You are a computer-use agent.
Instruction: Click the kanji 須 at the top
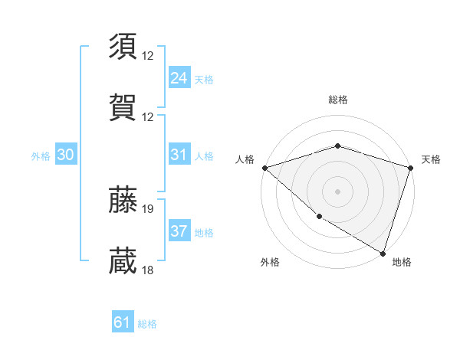click(123, 47)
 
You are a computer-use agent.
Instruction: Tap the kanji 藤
click(123, 200)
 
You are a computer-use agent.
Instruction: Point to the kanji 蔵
click(123, 260)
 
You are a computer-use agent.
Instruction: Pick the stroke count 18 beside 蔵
click(148, 270)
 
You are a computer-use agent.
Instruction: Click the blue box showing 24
click(179, 77)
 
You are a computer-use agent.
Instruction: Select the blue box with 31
click(179, 155)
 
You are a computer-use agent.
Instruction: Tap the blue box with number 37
click(179, 231)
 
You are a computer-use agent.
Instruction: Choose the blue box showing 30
click(65, 155)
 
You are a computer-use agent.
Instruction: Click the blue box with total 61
click(122, 322)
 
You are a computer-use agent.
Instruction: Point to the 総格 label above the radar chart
click(338, 100)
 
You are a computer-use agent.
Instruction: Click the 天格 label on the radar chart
click(431, 159)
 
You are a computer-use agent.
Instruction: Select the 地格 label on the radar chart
click(402, 262)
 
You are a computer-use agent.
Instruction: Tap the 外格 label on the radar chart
click(270, 262)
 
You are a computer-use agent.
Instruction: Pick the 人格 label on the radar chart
click(245, 159)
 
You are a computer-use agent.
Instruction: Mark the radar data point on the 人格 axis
click(264, 167)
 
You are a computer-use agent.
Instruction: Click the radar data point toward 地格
click(383, 253)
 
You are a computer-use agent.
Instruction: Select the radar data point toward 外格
click(318, 217)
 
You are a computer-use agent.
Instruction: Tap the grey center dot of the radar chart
click(337, 191)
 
